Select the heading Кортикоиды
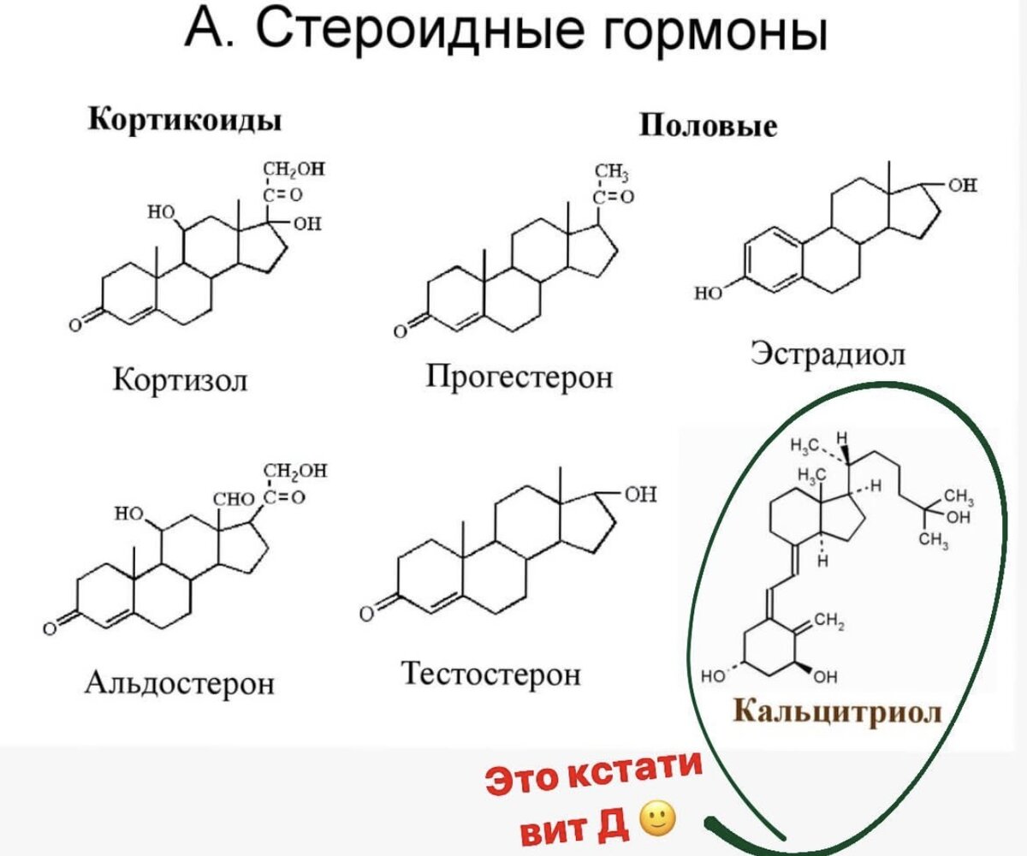click(186, 120)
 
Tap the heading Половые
click(709, 127)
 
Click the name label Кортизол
click(181, 377)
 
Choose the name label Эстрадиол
click(828, 352)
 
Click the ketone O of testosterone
click(366, 614)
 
